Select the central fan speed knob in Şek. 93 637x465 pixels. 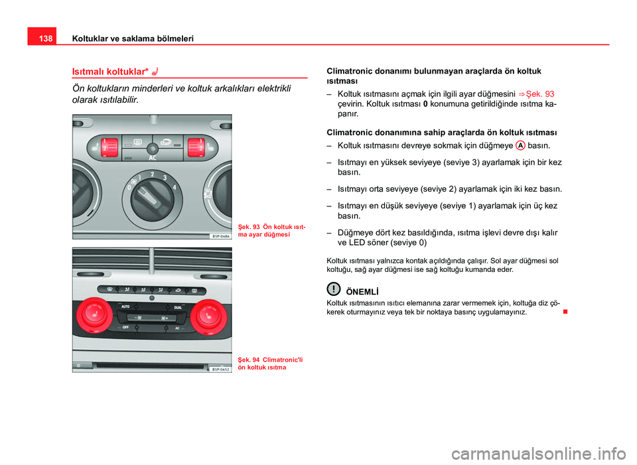(x=153, y=198)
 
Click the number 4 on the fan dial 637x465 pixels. (x=175, y=187)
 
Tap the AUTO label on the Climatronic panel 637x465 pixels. (x=124, y=307)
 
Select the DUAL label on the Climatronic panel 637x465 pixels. (x=177, y=308)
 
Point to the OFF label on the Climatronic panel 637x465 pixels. (x=124, y=328)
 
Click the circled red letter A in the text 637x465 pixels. (x=520, y=145)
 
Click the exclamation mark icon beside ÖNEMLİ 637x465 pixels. (x=332, y=289)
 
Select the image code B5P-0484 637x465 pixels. (x=221, y=235)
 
